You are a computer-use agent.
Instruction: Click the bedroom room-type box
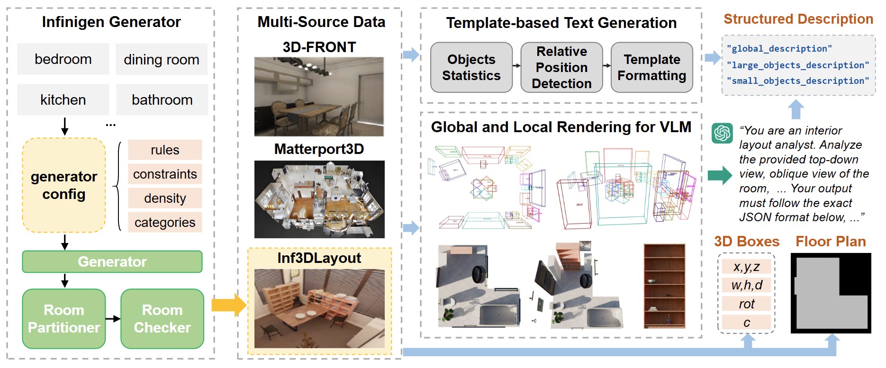point(63,59)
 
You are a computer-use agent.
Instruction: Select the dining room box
point(162,60)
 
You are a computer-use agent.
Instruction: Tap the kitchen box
point(63,100)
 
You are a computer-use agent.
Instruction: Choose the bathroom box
point(162,100)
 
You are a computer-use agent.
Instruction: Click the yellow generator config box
point(64,185)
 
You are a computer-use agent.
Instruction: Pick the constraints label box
point(165,174)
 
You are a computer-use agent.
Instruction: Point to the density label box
point(165,198)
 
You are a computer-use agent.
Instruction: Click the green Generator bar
point(112,262)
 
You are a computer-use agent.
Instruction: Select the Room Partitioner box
point(64,319)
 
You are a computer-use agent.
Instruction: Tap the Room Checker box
point(162,319)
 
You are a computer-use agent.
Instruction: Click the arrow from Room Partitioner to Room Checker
point(113,319)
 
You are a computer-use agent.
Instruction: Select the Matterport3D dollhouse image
point(319,199)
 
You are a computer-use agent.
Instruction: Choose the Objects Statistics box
point(471,67)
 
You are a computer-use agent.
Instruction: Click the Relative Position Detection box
point(561,67)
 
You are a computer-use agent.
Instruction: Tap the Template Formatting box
point(652,67)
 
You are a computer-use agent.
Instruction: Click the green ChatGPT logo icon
point(722,133)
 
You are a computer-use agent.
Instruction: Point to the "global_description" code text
point(779,49)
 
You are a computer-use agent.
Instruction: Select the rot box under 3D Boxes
point(747,304)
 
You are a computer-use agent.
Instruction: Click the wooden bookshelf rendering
point(664,286)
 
